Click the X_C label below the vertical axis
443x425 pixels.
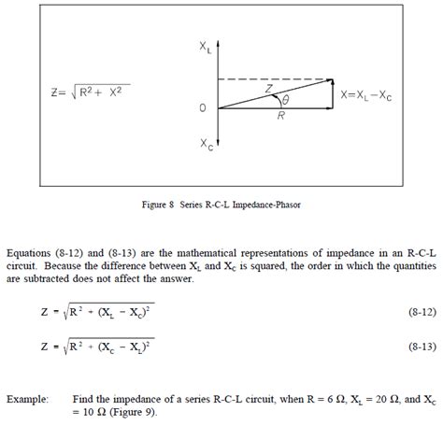click(x=205, y=145)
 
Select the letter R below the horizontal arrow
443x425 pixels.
click(x=280, y=117)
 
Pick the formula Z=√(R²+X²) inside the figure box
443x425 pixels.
click(x=91, y=92)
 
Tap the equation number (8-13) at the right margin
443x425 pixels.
click(x=407, y=347)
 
